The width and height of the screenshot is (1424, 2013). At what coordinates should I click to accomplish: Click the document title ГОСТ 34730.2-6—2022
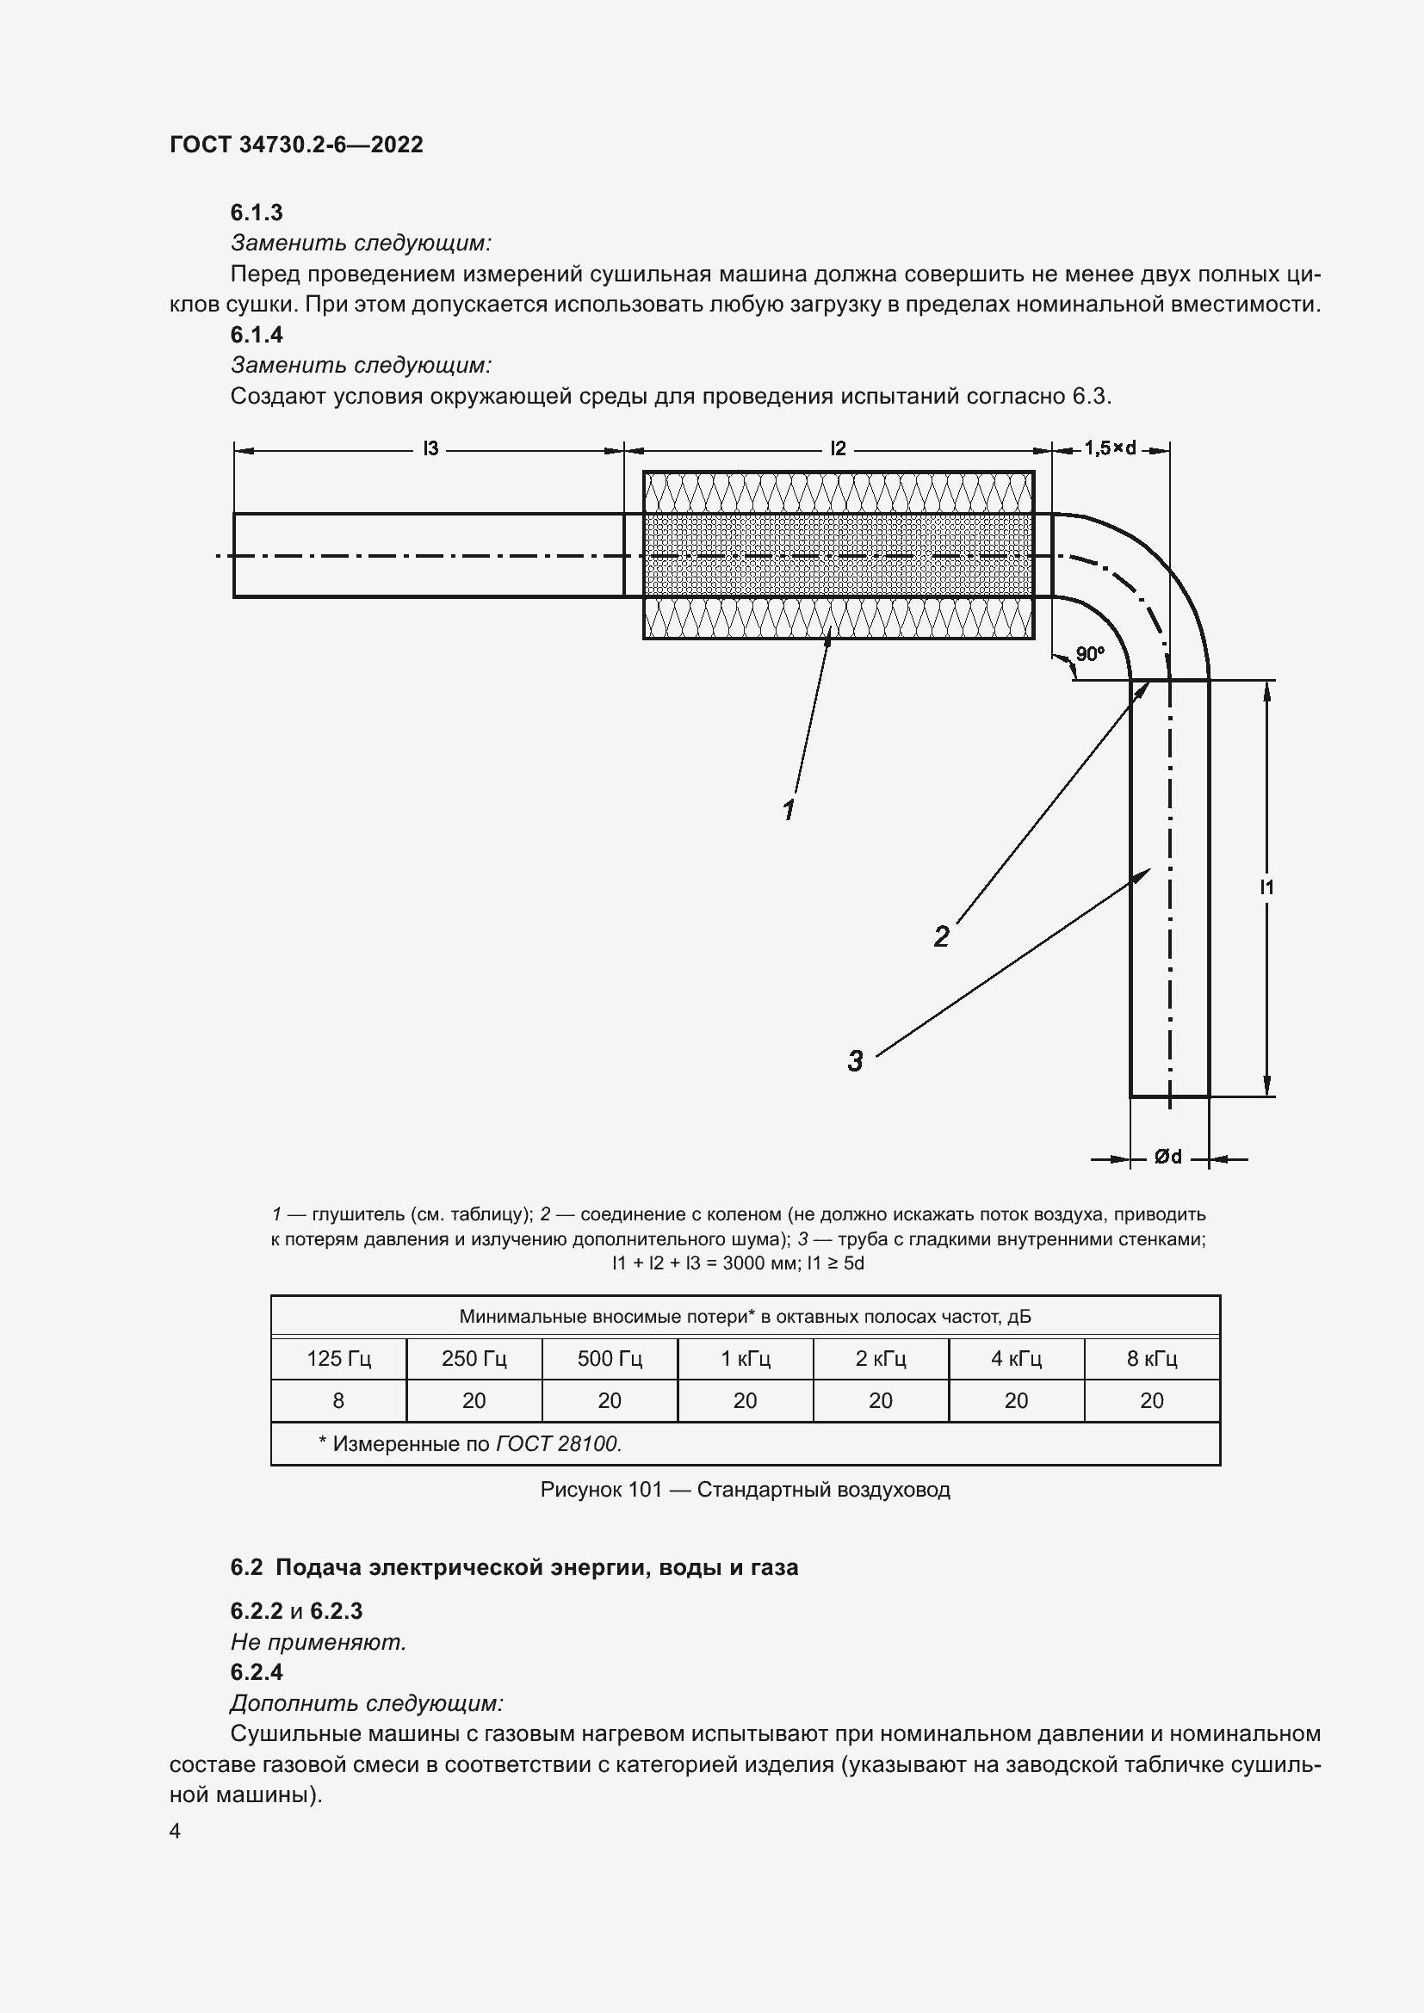click(x=296, y=145)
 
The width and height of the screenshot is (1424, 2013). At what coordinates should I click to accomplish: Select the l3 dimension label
click(x=430, y=449)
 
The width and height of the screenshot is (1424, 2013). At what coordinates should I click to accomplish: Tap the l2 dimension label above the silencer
click(x=839, y=449)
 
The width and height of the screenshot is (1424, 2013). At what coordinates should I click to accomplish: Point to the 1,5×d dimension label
click(x=1110, y=448)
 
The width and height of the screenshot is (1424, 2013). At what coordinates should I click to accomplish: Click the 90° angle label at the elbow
click(x=1090, y=653)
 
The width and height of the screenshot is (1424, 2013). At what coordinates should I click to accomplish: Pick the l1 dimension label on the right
click(x=1267, y=887)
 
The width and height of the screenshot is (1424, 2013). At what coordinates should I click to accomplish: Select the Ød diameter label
click(x=1168, y=1158)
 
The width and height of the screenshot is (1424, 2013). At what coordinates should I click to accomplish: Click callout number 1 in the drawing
click(x=789, y=809)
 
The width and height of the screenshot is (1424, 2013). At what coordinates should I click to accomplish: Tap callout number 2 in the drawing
click(x=941, y=937)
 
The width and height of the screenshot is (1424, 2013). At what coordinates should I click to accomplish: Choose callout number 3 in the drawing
click(x=855, y=1061)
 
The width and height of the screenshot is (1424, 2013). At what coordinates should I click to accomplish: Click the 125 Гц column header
click(x=338, y=1359)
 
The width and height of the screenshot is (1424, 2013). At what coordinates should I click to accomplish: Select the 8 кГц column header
click(x=1151, y=1359)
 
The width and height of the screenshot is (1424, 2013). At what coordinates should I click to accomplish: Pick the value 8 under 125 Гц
click(x=338, y=1401)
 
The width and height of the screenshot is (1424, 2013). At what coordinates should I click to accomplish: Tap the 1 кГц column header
click(x=746, y=1359)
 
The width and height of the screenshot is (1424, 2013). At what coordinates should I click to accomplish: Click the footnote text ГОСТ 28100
click(x=559, y=1443)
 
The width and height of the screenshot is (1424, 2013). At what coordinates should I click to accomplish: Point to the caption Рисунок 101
click(x=602, y=1490)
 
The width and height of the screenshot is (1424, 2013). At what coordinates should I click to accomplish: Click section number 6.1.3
click(x=256, y=213)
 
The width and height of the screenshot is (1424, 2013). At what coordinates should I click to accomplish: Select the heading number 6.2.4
click(x=256, y=1672)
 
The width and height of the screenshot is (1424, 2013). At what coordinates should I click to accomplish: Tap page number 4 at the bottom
click(x=176, y=1831)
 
